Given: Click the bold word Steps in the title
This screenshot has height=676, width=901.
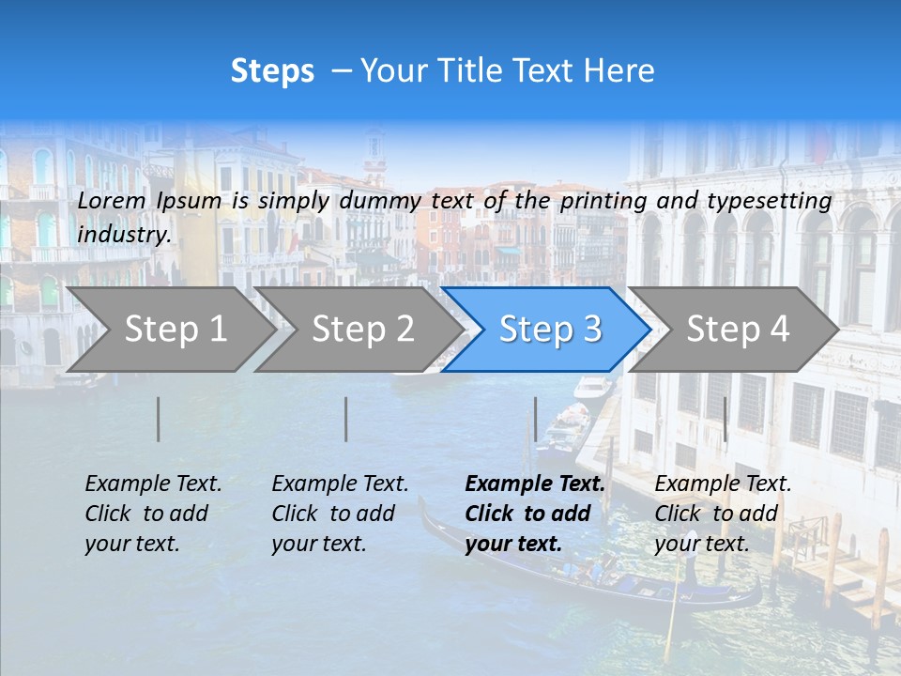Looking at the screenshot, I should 272,71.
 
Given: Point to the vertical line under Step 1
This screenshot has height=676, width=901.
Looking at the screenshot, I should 159,419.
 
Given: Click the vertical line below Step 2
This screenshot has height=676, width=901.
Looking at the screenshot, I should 346,419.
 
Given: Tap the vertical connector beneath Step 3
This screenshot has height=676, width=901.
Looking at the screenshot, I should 535,419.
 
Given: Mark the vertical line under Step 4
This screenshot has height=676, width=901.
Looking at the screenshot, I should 725,419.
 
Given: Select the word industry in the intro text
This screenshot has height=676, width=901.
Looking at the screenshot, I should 123,234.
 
